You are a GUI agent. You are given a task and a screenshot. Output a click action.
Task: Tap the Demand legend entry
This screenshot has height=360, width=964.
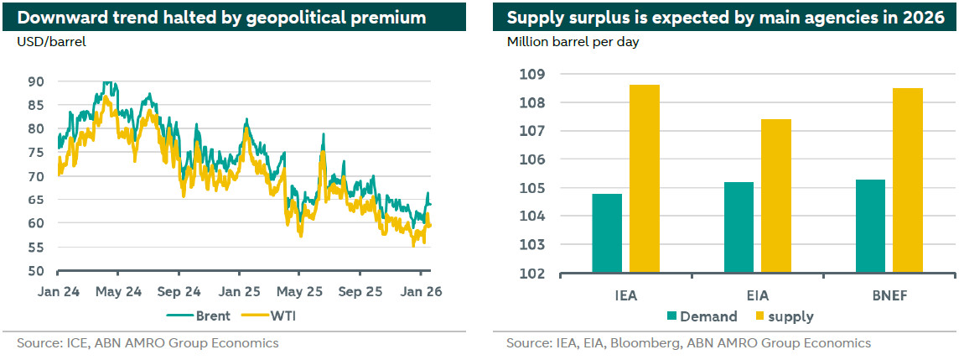click(702, 316)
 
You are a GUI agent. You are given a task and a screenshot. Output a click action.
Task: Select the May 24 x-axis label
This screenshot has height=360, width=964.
click(118, 293)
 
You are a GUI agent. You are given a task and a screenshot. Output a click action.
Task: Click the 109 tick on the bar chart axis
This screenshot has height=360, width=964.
click(533, 75)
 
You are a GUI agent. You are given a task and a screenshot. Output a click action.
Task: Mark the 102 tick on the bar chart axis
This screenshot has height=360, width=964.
click(533, 274)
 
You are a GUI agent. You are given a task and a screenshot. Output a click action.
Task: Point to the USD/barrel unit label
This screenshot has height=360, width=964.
click(51, 41)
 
